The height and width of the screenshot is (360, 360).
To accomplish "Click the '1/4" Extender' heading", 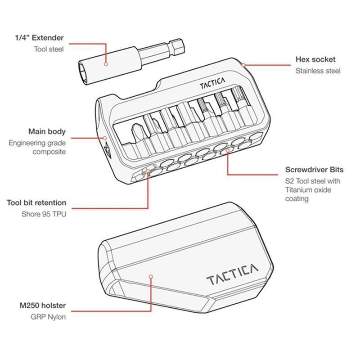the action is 39,38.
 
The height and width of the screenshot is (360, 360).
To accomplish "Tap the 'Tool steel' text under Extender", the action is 49,49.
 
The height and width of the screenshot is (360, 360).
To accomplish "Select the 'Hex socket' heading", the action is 315,59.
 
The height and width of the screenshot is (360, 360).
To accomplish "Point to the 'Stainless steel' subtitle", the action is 318,71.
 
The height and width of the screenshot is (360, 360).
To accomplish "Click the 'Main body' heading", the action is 47,131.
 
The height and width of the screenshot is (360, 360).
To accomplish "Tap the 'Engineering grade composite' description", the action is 37,147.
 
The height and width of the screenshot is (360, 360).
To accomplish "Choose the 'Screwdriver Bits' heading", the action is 314,170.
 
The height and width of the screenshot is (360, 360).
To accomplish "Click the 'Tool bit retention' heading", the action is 36,203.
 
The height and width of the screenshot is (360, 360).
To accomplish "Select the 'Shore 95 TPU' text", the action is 44,214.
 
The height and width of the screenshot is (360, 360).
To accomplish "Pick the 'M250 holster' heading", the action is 43,306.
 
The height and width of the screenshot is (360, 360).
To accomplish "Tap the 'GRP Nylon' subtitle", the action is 48,317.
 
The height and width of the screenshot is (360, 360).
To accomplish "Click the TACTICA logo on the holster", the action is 232,274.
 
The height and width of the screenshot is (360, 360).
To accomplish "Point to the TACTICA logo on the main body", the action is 212,83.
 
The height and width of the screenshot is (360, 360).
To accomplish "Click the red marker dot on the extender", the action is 106,64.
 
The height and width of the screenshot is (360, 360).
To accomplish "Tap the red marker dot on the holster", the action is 151,277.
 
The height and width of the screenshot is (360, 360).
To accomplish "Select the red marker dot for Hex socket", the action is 243,65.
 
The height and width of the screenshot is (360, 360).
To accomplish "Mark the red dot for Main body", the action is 105,138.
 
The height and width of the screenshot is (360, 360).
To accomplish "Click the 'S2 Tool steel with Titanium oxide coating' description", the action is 313,190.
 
